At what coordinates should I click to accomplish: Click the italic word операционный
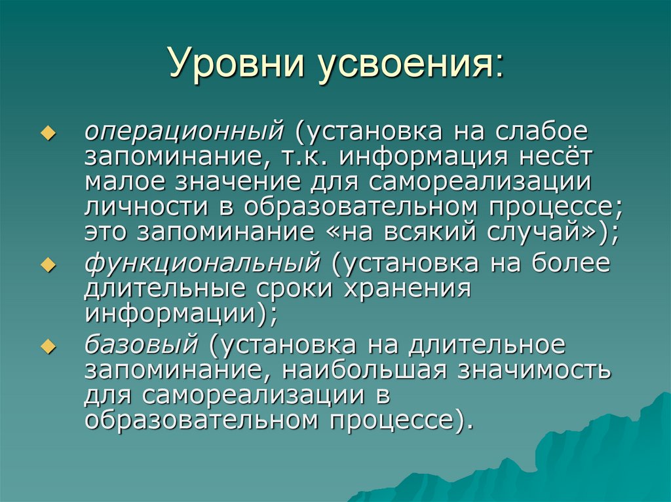[x=182, y=132]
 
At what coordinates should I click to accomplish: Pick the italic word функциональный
[x=202, y=264]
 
